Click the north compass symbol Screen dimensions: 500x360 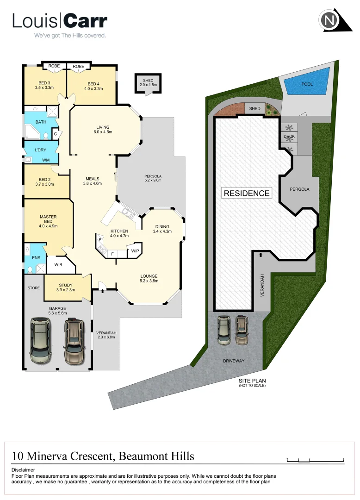pos(329,21)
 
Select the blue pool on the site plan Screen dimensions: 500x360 pos(307,84)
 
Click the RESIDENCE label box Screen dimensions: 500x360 pos(247,193)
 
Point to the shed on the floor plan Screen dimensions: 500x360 pos(148,83)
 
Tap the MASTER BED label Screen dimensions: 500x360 pos(48,219)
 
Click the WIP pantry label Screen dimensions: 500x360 pos(135,251)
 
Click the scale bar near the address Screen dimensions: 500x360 pos(316,460)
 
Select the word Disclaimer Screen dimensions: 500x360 pos(23,469)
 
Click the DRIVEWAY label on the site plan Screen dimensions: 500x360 pos(234,361)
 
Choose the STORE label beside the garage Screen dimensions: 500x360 pos(33,288)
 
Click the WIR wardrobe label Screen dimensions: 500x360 pos(59,265)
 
